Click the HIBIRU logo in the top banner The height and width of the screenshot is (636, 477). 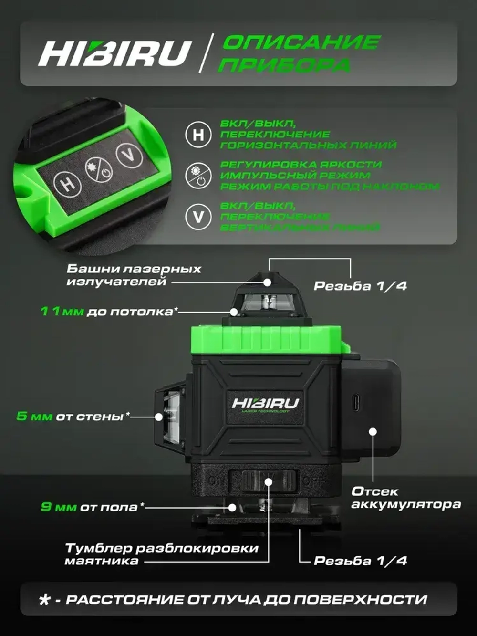pos(114,52)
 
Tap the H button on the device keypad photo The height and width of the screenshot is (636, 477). pos(68,184)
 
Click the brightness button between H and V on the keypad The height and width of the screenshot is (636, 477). pos(99,170)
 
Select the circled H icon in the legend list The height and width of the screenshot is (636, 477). pos(198,135)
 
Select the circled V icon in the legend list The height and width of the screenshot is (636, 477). pos(198,217)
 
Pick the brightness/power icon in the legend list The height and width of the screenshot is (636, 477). pos(198,176)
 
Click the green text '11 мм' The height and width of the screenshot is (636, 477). pos(62,312)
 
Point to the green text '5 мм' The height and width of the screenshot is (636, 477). pos(34,416)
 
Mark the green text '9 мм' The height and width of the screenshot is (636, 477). pos(58,507)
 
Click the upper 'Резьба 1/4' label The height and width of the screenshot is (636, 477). pos(360,286)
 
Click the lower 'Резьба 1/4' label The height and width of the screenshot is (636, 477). pos(360,561)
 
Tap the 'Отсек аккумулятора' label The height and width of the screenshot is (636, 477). pos(405,498)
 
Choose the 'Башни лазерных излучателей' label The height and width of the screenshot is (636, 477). pos(134,275)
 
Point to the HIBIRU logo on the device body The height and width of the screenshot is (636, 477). pos(265,404)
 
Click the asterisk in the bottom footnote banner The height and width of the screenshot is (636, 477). pos(45,600)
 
